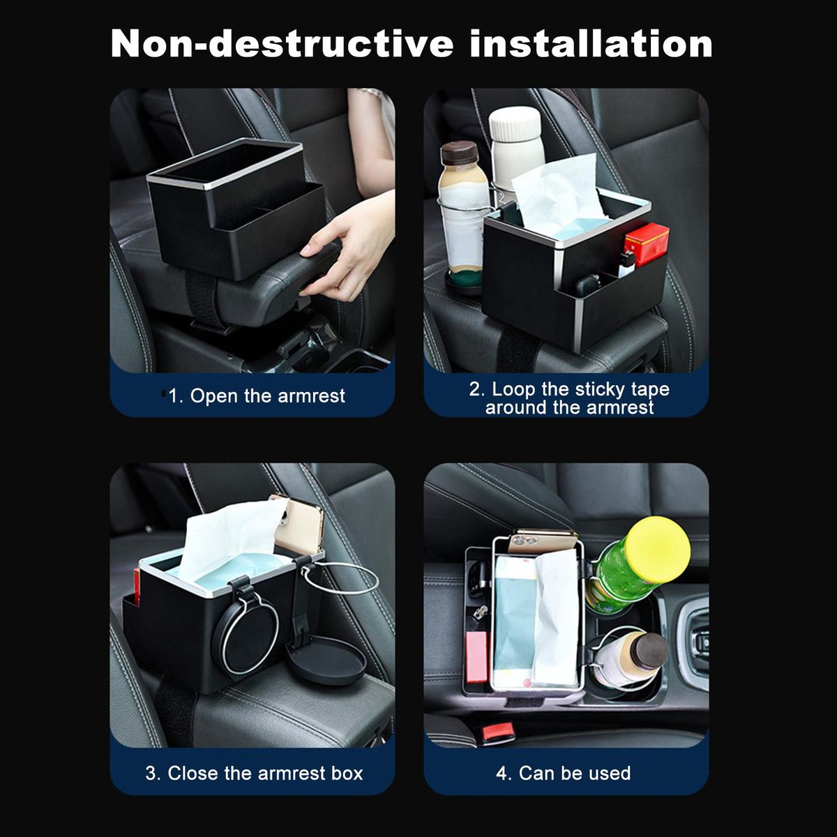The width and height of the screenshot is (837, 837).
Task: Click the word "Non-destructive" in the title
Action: pyautogui.click(x=282, y=43)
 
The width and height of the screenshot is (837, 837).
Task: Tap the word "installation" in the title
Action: pyautogui.click(x=591, y=43)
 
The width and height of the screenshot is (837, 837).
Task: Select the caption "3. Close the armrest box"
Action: pyautogui.click(x=254, y=773)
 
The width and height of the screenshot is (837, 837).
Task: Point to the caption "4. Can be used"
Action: pyautogui.click(x=564, y=773)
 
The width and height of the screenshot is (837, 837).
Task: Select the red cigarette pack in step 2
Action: pyautogui.click(x=647, y=244)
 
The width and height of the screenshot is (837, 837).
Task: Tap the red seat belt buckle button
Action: pyautogui.click(x=498, y=732)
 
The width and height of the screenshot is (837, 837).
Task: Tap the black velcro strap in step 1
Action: pyautogui.click(x=201, y=300)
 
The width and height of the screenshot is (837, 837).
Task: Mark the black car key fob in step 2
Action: pyautogui.click(x=587, y=285)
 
